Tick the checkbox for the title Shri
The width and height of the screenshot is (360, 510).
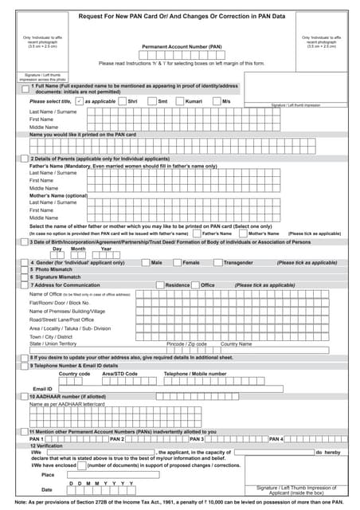coord(121,102)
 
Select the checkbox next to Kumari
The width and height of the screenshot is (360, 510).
coord(178,102)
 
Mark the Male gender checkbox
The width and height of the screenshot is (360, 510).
coord(144,262)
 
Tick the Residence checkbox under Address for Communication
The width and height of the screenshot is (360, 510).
coord(159,284)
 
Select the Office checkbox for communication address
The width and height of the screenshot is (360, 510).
coord(195,284)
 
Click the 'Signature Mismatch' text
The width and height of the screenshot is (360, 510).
coord(53,277)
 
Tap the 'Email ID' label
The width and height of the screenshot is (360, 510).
coord(42,388)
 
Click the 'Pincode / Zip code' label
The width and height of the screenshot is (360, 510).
coord(186,343)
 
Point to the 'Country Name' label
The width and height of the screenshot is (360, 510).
coord(236,343)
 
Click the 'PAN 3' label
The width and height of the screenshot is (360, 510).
coord(196,439)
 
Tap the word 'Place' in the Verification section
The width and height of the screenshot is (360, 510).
coord(48,474)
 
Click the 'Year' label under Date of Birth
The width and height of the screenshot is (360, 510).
coord(106,249)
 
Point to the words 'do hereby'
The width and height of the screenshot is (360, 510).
coord(327,452)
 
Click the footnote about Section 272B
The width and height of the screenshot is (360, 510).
coord(179,503)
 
